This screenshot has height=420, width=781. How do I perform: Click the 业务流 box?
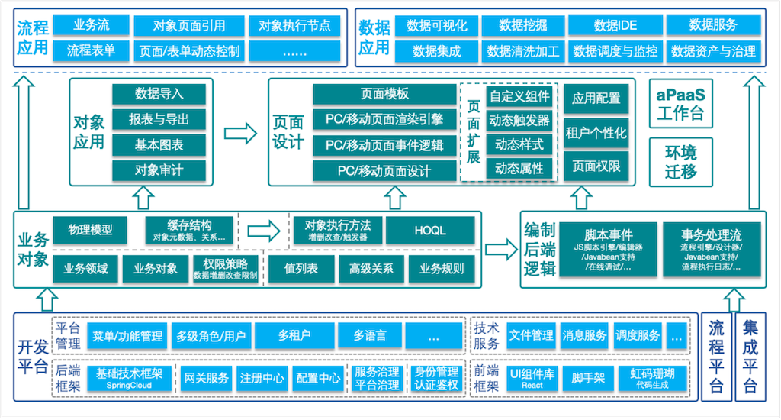pyautogui.click(x=91, y=25)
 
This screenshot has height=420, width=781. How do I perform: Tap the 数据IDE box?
pyautogui.click(x=615, y=25)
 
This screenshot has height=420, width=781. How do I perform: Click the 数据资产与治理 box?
pyautogui.click(x=713, y=51)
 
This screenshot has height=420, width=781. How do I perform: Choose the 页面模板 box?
pyautogui.click(x=384, y=94)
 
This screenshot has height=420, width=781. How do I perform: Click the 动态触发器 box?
pyautogui.click(x=519, y=121)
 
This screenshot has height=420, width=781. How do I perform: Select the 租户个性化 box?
pyautogui.click(x=596, y=133)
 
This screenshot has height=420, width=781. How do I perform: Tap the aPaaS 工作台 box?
pyautogui.click(x=680, y=105)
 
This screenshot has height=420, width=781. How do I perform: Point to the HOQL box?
pyautogui.click(x=430, y=230)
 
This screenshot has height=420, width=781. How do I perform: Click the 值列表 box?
pyautogui.click(x=301, y=269)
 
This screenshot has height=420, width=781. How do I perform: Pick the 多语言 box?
pyautogui.click(x=369, y=335)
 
